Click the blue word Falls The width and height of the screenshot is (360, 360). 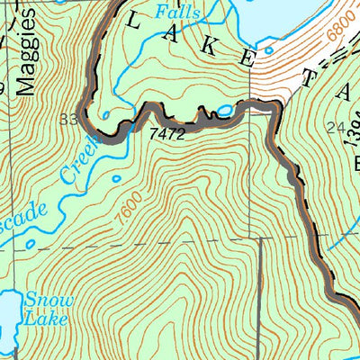[x=174, y=12]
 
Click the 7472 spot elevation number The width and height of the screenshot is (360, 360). [x=169, y=132]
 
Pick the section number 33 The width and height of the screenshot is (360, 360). [x=69, y=119]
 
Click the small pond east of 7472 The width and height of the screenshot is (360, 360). [x=224, y=111]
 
